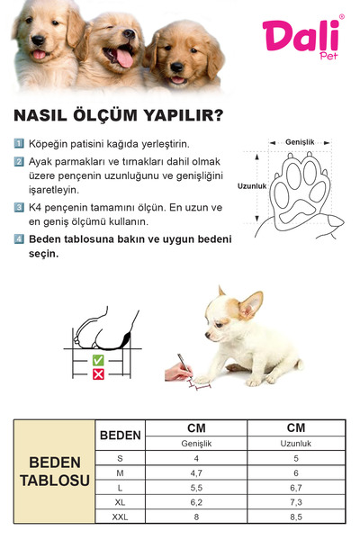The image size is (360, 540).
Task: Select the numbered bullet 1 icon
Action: [x=20, y=144]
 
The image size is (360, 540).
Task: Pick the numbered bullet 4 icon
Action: [x=20, y=239]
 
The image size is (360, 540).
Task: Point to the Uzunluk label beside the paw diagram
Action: [x=252, y=186]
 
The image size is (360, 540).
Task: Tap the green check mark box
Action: [x=98, y=360]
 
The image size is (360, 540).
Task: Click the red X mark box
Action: [x=98, y=373]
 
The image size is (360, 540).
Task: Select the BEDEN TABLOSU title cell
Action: [x=55, y=471]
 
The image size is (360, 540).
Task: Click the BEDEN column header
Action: [x=120, y=436]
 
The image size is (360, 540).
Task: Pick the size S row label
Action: [x=120, y=459]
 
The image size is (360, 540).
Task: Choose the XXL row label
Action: [x=120, y=517]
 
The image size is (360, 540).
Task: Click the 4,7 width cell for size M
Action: [x=196, y=473]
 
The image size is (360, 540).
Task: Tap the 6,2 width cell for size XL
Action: [x=196, y=502]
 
